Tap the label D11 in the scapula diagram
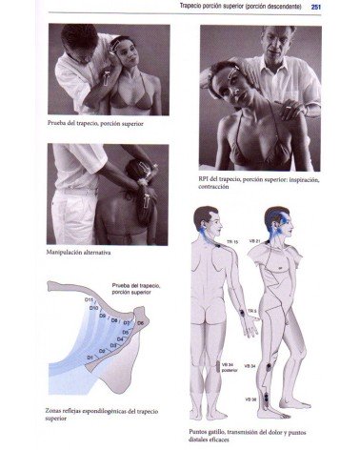click(x=90, y=300)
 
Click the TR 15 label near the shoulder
click(x=232, y=242)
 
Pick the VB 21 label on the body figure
click(x=253, y=242)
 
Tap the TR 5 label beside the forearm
click(x=252, y=311)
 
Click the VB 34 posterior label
click(x=228, y=366)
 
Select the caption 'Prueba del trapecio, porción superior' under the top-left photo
click(x=95, y=123)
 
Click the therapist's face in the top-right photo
click(x=277, y=45)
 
